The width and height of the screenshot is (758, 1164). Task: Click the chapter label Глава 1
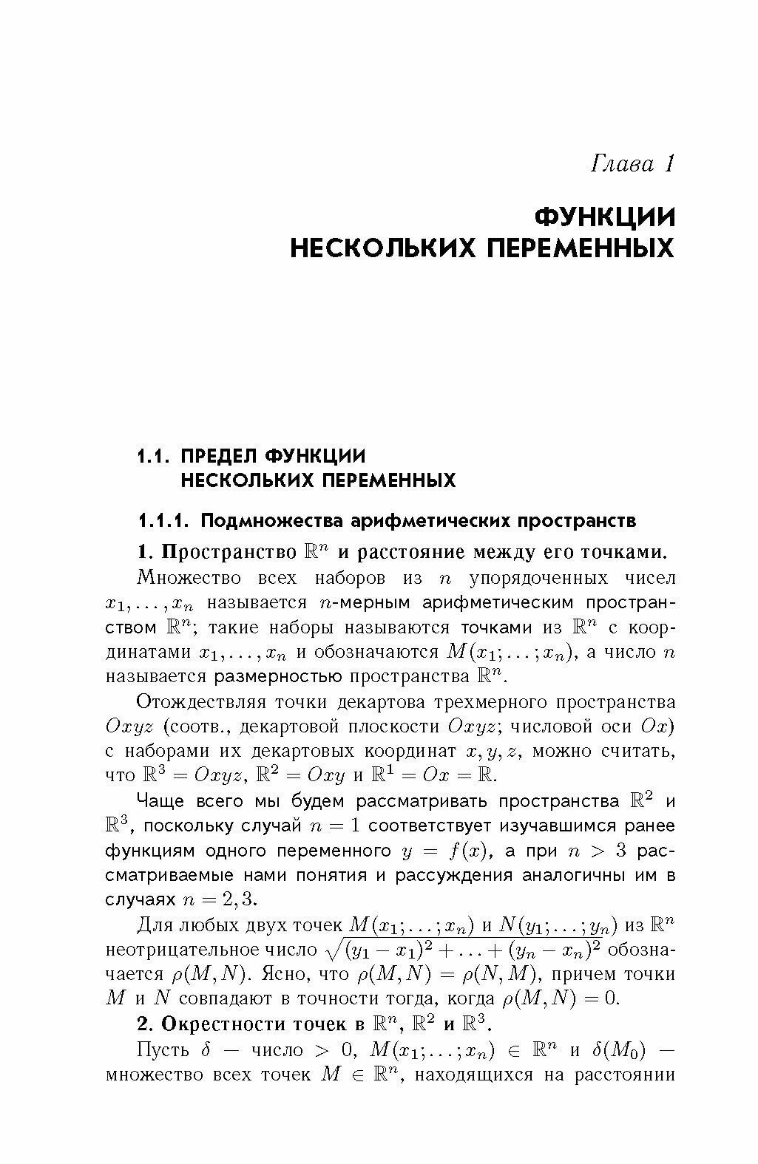point(632,163)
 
